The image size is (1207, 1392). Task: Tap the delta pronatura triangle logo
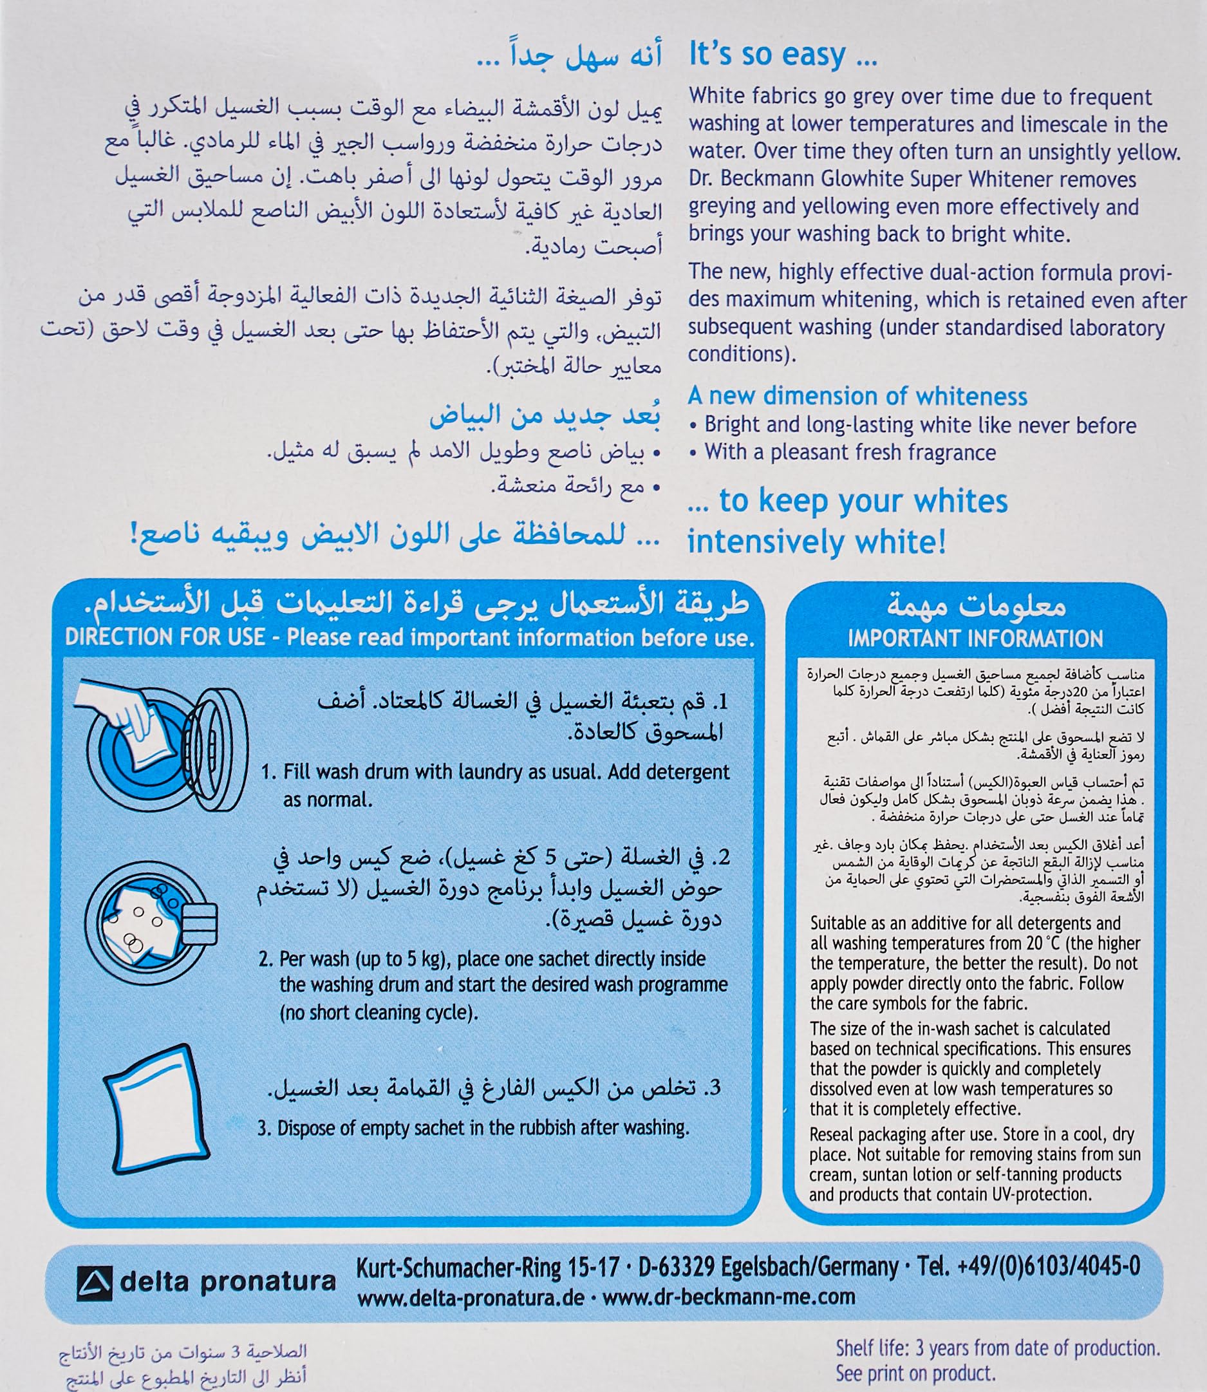point(93,1281)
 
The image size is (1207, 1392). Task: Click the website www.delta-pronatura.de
point(470,1297)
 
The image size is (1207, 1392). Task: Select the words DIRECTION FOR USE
point(164,637)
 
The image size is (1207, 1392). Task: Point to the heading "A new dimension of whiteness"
point(857,396)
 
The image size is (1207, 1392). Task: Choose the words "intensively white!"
point(816,541)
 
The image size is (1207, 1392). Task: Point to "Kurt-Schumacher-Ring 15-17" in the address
point(487,1266)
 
